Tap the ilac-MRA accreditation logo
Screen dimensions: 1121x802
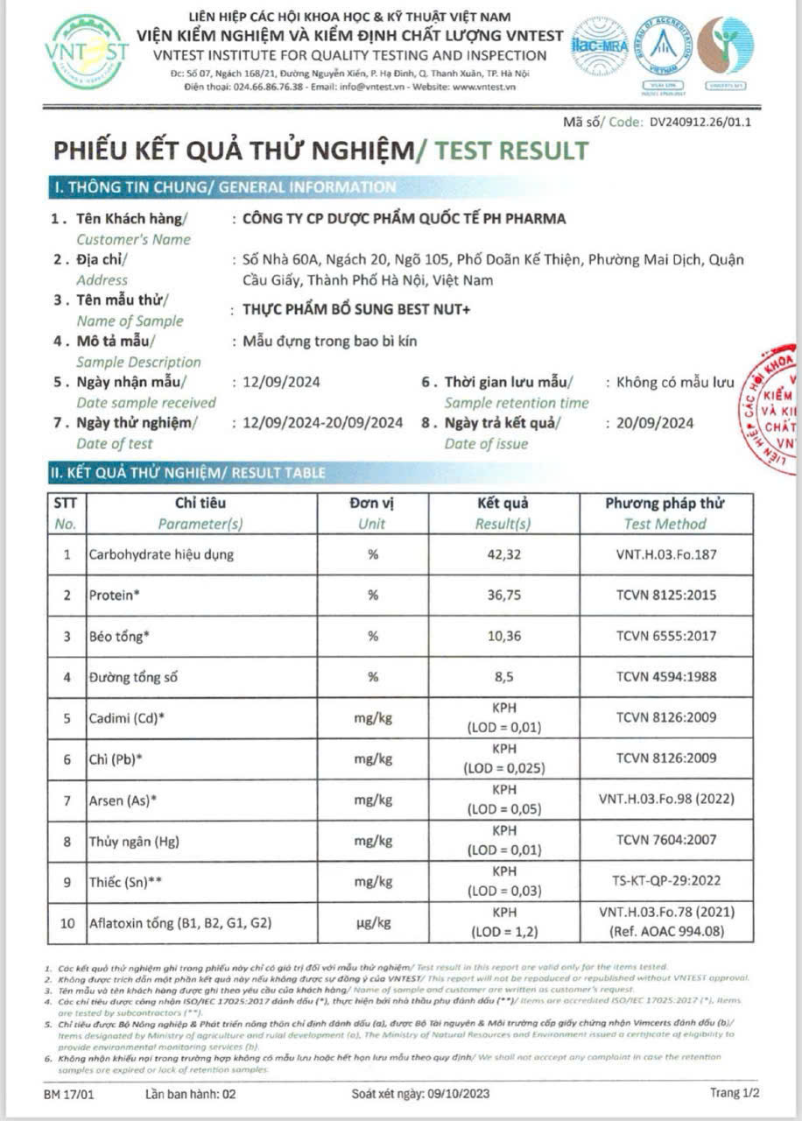click(600, 46)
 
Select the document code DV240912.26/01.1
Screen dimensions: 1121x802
click(700, 123)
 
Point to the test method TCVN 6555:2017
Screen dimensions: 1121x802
click(665, 636)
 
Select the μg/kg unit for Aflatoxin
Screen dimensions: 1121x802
click(373, 922)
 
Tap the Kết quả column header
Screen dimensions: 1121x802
click(503, 504)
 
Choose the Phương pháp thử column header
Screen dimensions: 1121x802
click(665, 504)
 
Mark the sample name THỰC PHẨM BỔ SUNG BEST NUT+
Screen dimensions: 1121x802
click(356, 310)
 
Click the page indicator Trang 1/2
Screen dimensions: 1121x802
click(734, 1093)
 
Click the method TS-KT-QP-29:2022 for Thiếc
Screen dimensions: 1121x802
click(665, 880)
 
